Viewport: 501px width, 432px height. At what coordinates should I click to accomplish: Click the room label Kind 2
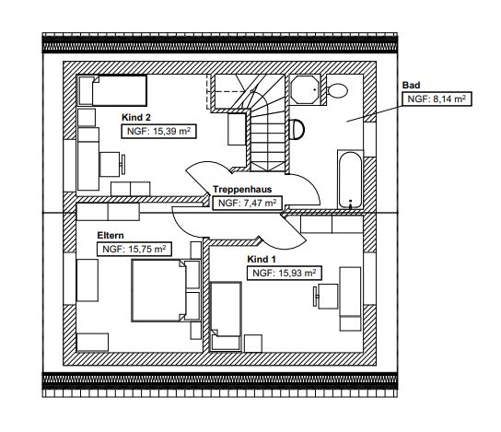(x=136, y=118)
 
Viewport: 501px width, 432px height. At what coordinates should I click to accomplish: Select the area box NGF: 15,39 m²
(x=158, y=132)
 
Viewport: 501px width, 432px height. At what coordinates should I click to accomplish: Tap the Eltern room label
(x=111, y=236)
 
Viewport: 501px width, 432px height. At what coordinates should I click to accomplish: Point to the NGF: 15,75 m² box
(x=134, y=250)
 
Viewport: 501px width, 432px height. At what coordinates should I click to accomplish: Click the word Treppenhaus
(x=242, y=189)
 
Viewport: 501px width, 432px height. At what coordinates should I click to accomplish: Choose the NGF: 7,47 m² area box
(x=248, y=203)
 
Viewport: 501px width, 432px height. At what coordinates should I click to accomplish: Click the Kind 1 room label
(x=262, y=259)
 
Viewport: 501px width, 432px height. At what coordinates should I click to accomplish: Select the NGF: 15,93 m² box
(x=285, y=274)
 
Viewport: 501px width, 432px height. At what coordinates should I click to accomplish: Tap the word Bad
(x=412, y=86)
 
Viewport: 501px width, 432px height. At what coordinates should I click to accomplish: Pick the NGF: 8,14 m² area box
(x=437, y=99)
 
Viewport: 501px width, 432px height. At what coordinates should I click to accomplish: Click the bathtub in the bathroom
(x=351, y=180)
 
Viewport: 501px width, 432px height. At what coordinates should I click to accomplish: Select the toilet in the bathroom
(x=337, y=90)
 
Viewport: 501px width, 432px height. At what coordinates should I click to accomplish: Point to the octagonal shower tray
(x=305, y=89)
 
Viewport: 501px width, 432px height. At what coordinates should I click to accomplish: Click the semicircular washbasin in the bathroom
(x=297, y=129)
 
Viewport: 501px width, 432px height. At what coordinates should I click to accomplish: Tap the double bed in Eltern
(x=158, y=290)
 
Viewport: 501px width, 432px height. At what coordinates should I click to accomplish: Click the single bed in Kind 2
(x=112, y=91)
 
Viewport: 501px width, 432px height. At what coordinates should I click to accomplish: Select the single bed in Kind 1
(x=226, y=316)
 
